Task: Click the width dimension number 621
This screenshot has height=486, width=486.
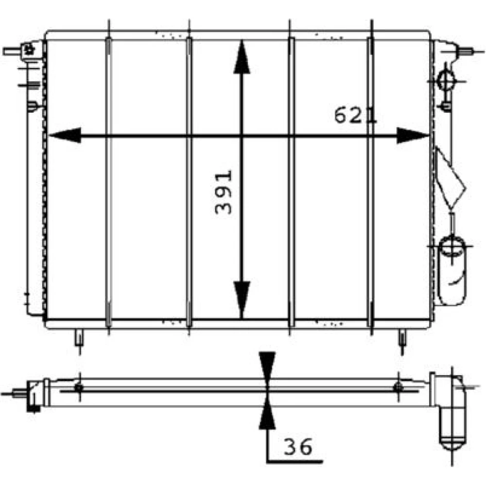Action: pos(355,115)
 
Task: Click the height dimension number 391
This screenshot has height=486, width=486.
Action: pos(223,192)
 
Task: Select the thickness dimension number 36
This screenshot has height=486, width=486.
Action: pos(297,447)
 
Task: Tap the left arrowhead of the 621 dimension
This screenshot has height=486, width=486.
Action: pos(65,135)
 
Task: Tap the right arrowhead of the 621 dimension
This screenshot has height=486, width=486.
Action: pos(413,136)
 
